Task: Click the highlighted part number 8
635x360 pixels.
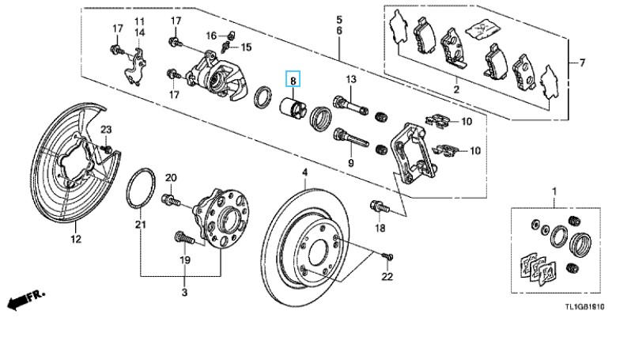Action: (293, 80)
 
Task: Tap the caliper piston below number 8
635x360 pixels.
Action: (293, 108)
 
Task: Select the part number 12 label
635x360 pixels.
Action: (76, 239)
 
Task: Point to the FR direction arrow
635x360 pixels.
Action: (25, 299)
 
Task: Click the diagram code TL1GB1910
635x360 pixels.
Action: (584, 307)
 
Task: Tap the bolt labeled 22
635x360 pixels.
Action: (387, 256)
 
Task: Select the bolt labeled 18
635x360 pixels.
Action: (379, 207)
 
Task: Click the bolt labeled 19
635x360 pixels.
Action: (185, 238)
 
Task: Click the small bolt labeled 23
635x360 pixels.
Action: (107, 149)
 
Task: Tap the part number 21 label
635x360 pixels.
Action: (140, 225)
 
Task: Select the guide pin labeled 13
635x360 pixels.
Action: (350, 104)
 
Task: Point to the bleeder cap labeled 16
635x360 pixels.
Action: (230, 35)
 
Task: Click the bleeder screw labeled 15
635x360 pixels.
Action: (226, 47)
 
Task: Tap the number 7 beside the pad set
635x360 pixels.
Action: (582, 63)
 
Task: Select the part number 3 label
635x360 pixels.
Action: (184, 292)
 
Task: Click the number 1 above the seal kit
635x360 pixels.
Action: (555, 191)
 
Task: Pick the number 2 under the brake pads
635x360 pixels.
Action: (456, 89)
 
